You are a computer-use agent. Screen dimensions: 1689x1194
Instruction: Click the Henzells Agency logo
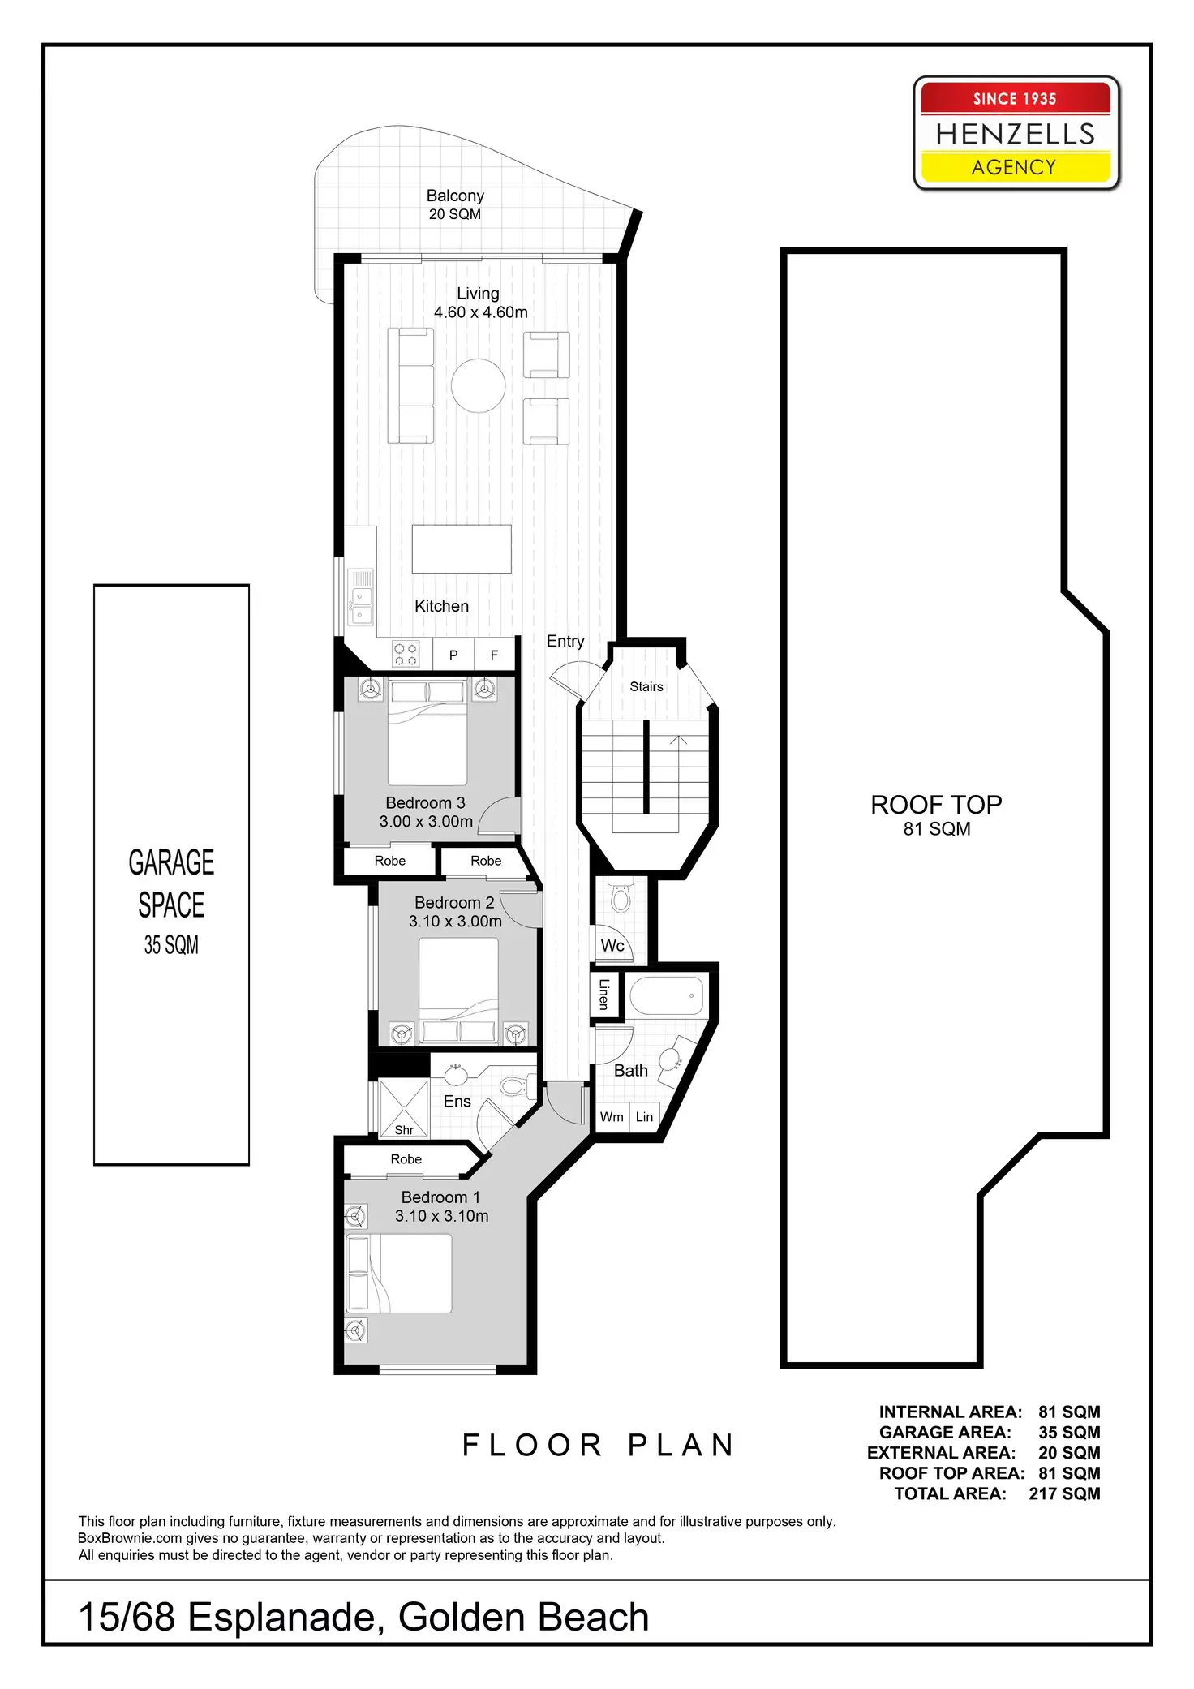(x=1016, y=134)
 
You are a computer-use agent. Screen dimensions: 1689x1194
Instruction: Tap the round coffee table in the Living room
(x=479, y=385)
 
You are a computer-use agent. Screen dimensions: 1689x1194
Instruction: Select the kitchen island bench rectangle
(x=462, y=549)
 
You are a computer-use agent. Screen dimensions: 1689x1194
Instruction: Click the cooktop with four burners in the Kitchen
(x=406, y=654)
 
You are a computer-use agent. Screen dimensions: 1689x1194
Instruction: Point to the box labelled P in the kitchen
(x=453, y=655)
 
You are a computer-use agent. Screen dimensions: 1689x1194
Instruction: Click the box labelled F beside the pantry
(x=494, y=655)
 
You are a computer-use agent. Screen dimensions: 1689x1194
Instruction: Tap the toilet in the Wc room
(x=621, y=898)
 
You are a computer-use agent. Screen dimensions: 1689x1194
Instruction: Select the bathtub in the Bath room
(x=666, y=995)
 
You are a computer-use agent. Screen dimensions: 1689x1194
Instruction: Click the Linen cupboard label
(x=604, y=994)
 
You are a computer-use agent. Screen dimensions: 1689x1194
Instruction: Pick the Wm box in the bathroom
(x=612, y=1117)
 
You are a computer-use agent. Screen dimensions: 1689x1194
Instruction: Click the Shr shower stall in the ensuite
(x=403, y=1108)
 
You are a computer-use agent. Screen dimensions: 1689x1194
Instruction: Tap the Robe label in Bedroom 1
(x=406, y=1159)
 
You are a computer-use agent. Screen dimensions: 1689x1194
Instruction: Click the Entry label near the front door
(x=565, y=641)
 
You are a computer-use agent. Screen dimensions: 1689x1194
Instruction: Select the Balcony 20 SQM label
(x=455, y=204)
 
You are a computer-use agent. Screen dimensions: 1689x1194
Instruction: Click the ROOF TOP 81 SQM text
(x=936, y=814)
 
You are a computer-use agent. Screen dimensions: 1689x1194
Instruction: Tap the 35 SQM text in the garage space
(x=171, y=945)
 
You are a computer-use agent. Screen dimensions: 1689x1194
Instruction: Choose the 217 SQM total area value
(x=1064, y=1493)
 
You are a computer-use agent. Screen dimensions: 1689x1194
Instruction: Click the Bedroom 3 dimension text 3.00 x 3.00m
(x=426, y=821)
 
